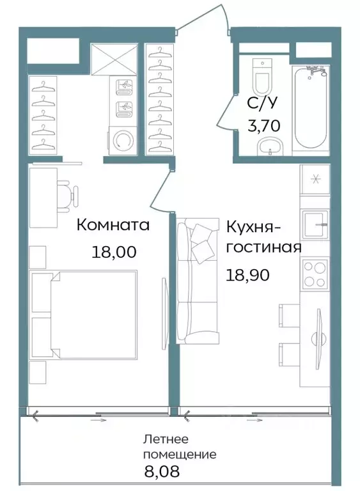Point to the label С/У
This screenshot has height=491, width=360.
pyautogui.click(x=263, y=102)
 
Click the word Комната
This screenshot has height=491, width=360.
pyautogui.click(x=113, y=225)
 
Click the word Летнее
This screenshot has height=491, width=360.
pyautogui.click(x=165, y=440)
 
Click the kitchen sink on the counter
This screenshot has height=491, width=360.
pyautogui.click(x=315, y=226)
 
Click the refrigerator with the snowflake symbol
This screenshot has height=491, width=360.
pyautogui.click(x=315, y=179)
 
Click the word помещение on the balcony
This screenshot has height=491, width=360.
pyautogui.click(x=180, y=455)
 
